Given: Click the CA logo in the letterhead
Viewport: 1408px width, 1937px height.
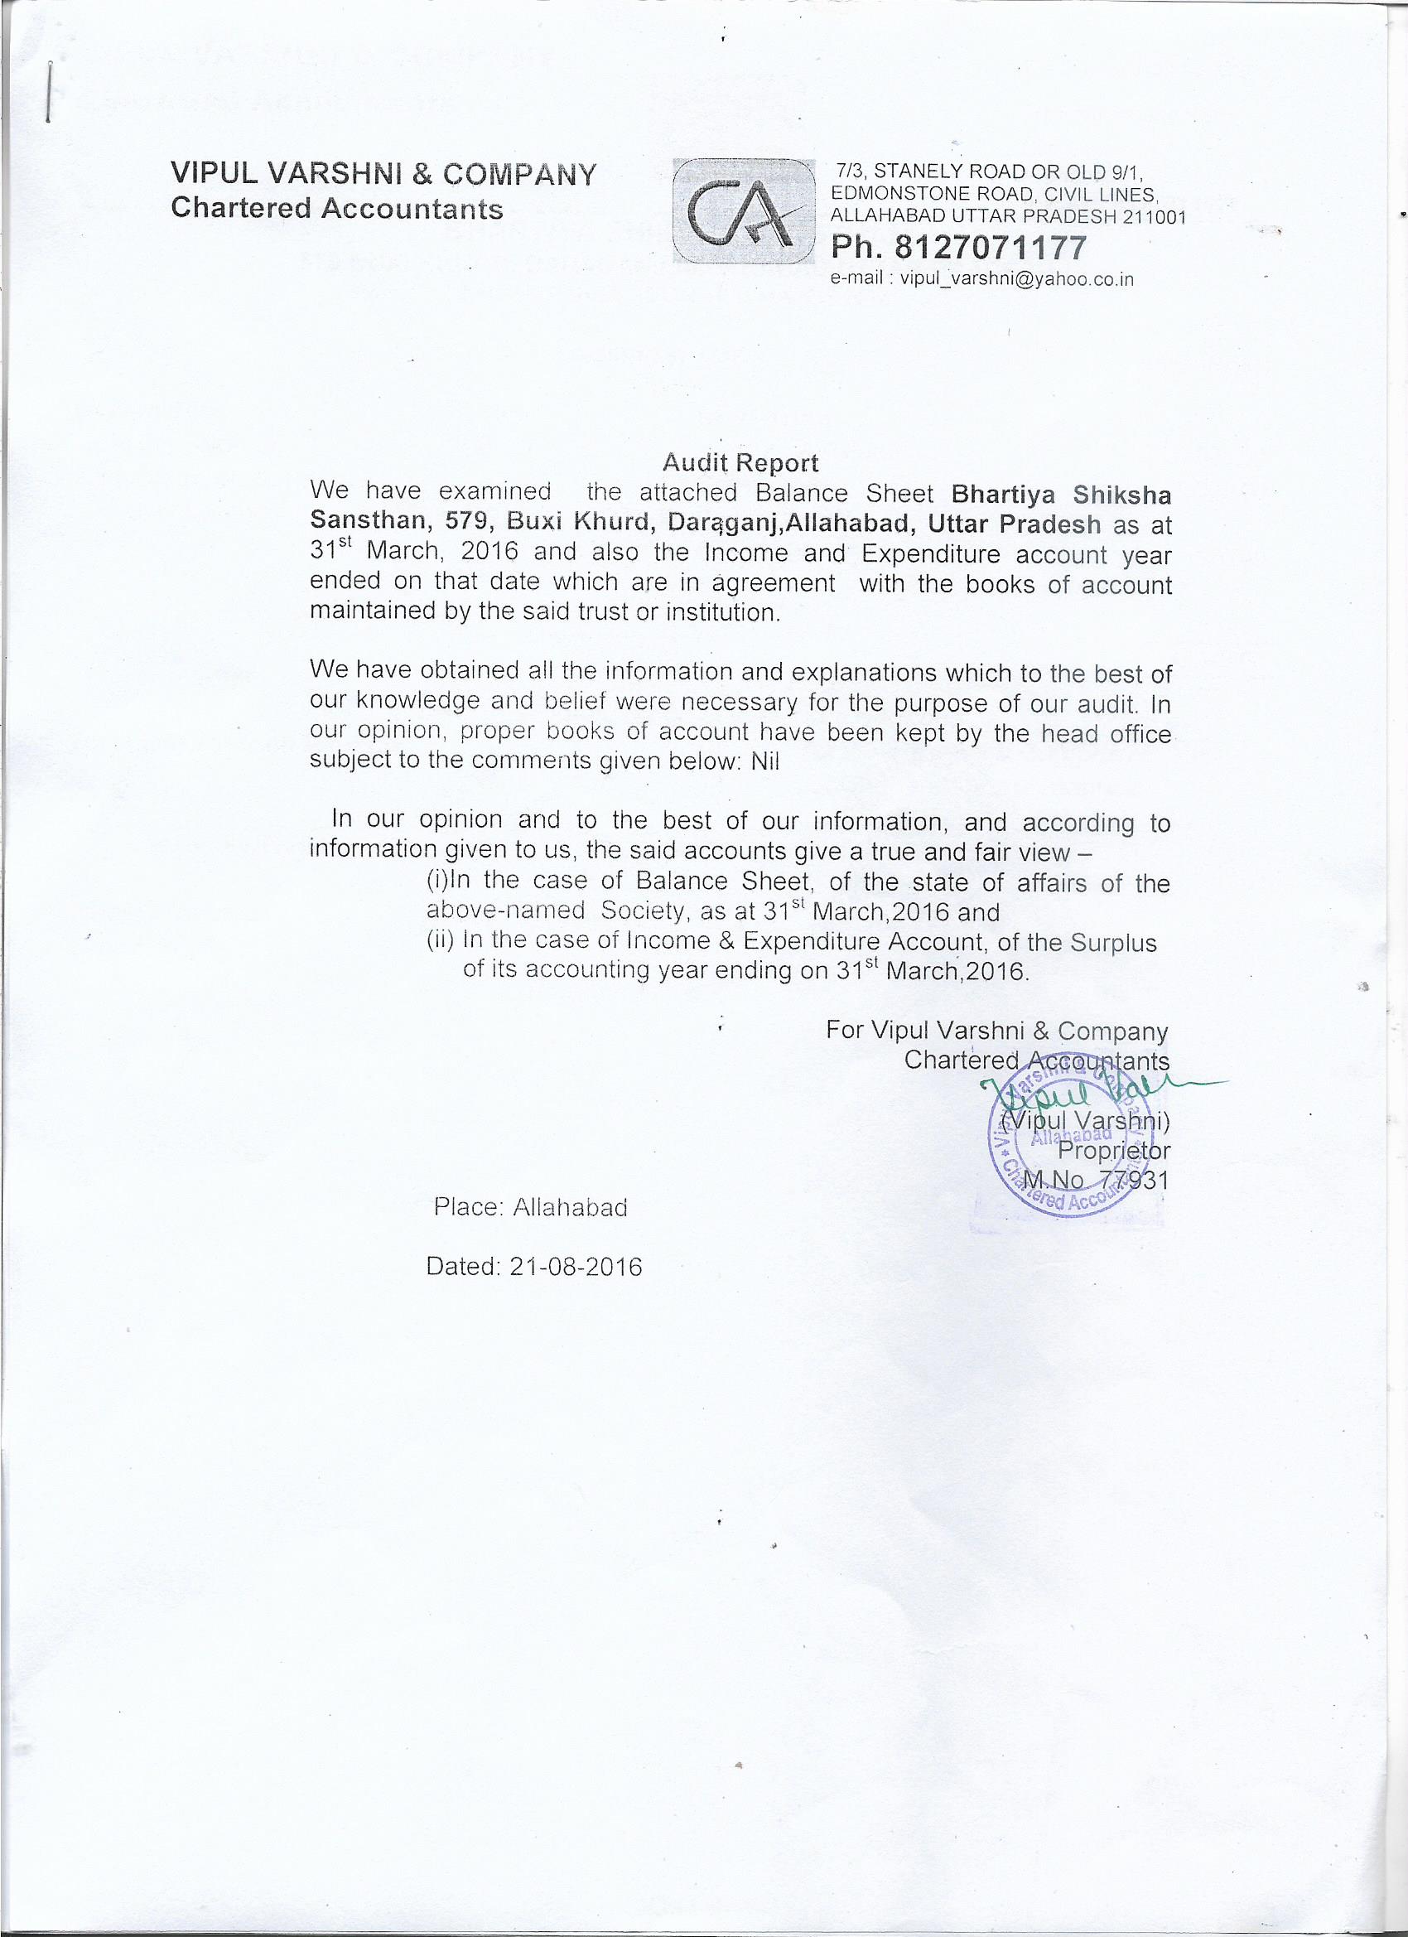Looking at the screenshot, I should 742,212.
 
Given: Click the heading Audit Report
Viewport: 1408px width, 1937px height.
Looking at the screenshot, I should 740,463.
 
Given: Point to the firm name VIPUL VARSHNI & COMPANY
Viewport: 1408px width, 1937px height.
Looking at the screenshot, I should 383,174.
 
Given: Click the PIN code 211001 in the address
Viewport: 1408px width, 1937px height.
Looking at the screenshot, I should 1154,218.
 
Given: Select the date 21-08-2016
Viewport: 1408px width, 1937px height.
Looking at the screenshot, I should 576,1267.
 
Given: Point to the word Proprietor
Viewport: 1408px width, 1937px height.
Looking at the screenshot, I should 1120,1152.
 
